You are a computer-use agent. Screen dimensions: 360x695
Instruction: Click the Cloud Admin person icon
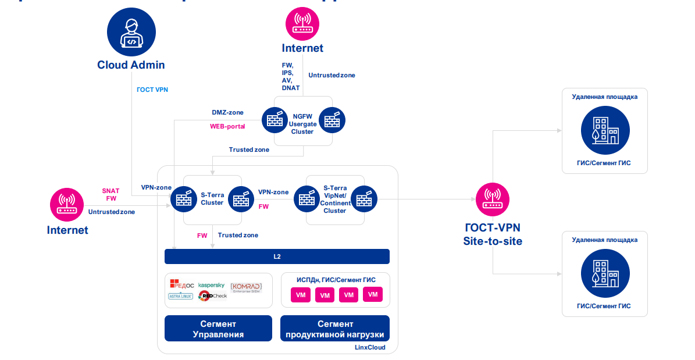(131, 33)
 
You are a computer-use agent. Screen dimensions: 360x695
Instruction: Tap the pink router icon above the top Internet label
(302, 23)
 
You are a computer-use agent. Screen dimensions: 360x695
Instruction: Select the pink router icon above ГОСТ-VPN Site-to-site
(493, 199)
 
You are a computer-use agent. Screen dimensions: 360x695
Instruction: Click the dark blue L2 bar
(277, 256)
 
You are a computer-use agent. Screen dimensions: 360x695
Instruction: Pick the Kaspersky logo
(211, 285)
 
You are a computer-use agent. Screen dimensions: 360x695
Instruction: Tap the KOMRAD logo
(246, 288)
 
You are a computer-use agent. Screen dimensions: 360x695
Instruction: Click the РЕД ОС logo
(182, 284)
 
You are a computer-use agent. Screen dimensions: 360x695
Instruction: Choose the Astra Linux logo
(180, 296)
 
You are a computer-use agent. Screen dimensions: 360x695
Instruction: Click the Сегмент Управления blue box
(218, 329)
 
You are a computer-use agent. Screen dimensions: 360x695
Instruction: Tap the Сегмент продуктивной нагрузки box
(335, 329)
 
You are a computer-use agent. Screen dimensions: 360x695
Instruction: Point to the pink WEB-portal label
(227, 126)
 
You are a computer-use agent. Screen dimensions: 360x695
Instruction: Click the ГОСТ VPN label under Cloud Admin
(152, 90)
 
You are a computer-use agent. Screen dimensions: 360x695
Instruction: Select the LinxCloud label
(370, 347)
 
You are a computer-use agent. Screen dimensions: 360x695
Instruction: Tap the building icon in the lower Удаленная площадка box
(605, 273)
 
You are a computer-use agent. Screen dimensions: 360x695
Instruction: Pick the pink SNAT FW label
(111, 194)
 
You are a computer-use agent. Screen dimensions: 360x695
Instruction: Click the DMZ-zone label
(227, 112)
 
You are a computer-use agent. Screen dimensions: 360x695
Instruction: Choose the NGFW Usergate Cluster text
(302, 124)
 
